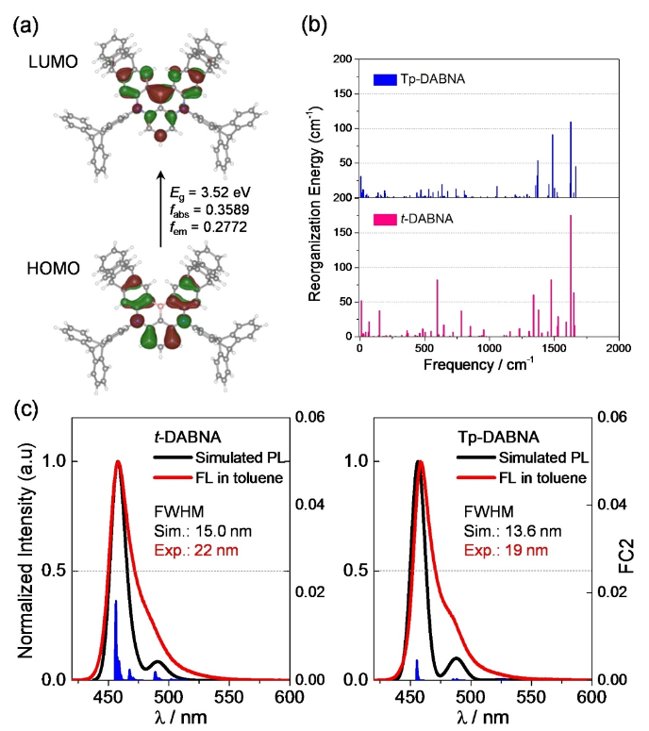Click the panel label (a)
[27, 24]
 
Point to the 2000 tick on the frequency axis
[618, 349]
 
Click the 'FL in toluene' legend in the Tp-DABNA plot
[535, 478]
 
